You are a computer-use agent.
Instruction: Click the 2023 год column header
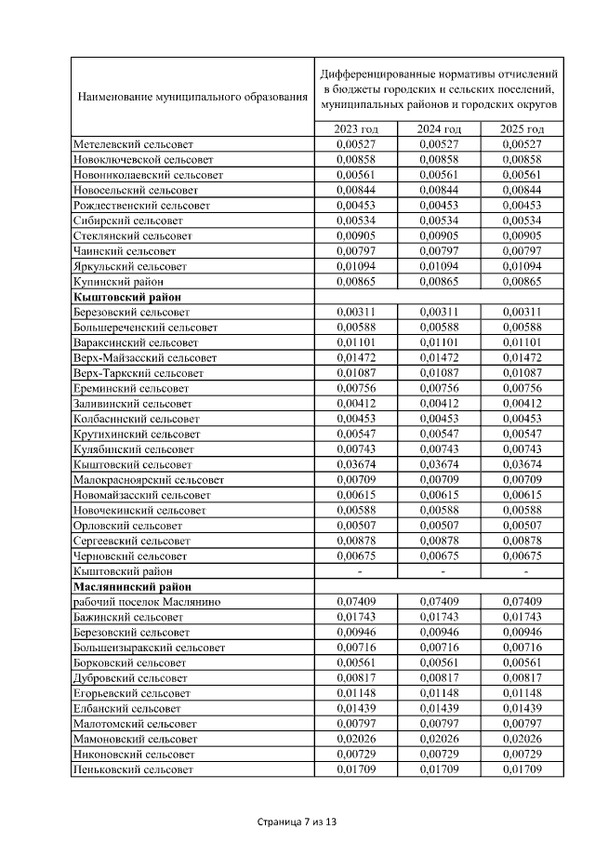[358, 129]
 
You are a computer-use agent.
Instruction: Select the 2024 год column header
[440, 129]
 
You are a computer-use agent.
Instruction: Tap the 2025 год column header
[522, 129]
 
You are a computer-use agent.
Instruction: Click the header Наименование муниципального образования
[192, 96]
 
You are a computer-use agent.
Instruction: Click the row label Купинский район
[118, 281]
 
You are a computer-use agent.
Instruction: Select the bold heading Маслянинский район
[131, 586]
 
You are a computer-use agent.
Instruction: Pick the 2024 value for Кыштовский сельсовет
[440, 464]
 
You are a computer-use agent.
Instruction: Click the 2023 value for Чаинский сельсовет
[358, 251]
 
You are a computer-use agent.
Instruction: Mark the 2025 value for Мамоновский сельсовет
[522, 740]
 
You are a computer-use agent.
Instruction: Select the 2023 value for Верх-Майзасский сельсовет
[358, 357]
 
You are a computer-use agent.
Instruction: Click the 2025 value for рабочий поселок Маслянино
[522, 602]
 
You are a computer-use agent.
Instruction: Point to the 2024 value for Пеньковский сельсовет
[440, 770]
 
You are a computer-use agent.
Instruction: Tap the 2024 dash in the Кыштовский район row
[440, 571]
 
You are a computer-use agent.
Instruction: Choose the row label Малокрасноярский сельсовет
[148, 479]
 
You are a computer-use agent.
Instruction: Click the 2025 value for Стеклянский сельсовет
[522, 235]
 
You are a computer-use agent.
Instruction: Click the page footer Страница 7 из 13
[297, 822]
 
